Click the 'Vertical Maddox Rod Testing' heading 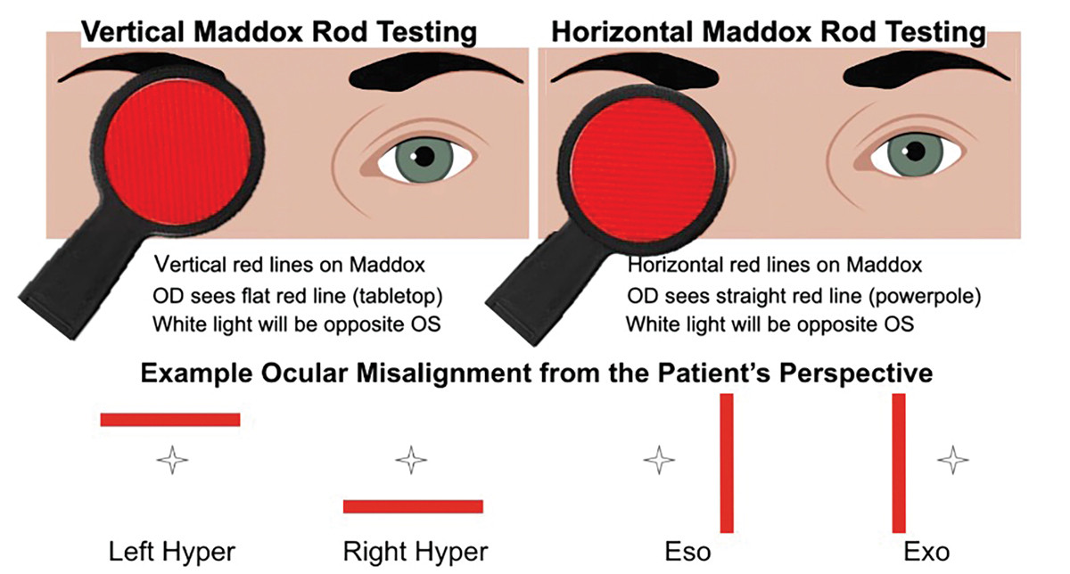click(279, 33)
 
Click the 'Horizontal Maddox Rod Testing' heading click(769, 33)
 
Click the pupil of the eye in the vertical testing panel click(423, 158)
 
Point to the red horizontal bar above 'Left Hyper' click(170, 420)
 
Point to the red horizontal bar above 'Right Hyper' click(413, 506)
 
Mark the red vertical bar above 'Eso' click(727, 463)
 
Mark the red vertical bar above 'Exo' click(899, 463)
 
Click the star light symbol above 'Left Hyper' click(172, 461)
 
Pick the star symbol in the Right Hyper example click(411, 461)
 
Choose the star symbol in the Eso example click(659, 461)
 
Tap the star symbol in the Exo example click(952, 461)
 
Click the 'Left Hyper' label click(171, 552)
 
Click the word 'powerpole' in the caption click(876, 294)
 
